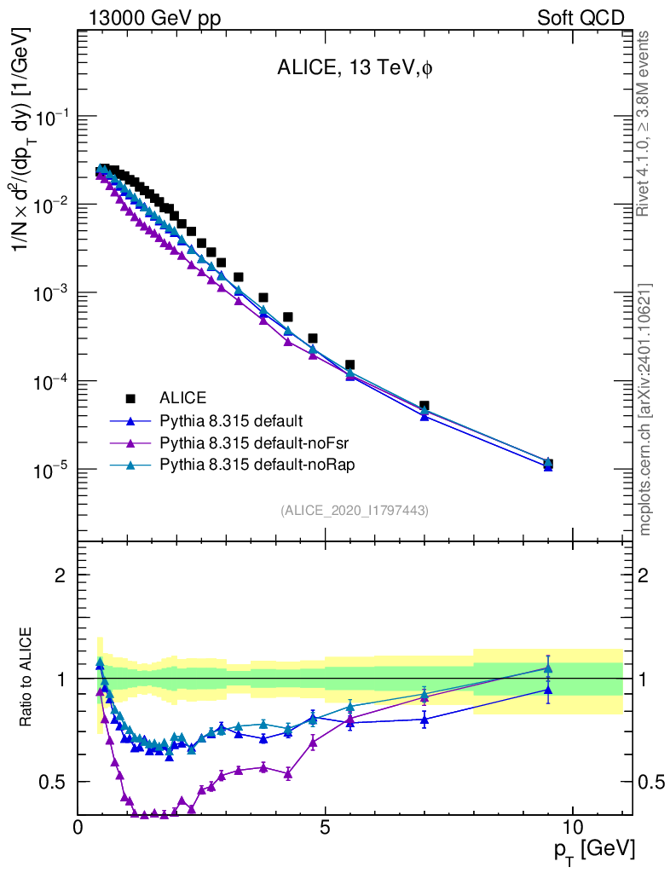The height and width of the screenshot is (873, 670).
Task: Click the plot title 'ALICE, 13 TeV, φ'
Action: pyautogui.click(x=355, y=70)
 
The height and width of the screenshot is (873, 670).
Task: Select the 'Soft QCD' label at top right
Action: pyautogui.click(x=580, y=18)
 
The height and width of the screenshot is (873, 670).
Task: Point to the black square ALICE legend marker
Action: pyautogui.click(x=130, y=398)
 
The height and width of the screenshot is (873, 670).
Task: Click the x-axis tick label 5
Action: pyautogui.click(x=326, y=828)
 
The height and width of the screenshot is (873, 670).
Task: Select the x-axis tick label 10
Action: pyautogui.click(x=573, y=828)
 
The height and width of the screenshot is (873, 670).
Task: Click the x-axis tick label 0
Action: pyautogui.click(x=78, y=828)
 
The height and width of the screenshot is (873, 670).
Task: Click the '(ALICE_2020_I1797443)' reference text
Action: pyautogui.click(x=354, y=510)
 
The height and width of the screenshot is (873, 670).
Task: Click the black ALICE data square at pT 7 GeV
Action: pyautogui.click(x=425, y=407)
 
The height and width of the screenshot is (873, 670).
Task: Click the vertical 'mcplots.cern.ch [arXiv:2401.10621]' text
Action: pyautogui.click(x=645, y=409)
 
